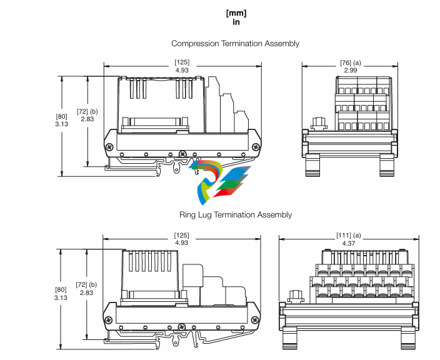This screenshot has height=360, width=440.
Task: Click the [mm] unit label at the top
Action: (236, 13)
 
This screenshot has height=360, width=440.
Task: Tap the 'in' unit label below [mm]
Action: (236, 22)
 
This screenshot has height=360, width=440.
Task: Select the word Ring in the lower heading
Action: (187, 215)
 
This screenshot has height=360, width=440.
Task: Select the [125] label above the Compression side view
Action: (182, 62)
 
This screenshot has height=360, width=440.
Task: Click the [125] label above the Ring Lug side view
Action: (182, 235)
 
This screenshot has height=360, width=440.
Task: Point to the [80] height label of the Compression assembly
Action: (62, 116)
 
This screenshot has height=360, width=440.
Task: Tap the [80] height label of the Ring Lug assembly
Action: (62, 289)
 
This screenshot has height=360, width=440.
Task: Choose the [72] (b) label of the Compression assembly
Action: (87, 111)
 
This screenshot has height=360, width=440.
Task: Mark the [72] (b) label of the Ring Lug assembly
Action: (87, 284)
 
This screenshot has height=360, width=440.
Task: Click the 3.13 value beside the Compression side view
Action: (62, 124)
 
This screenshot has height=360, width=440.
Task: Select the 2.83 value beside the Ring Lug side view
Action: (86, 292)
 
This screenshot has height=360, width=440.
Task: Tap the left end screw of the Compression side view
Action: (109, 146)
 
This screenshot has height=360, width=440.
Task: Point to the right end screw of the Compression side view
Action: (256, 146)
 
